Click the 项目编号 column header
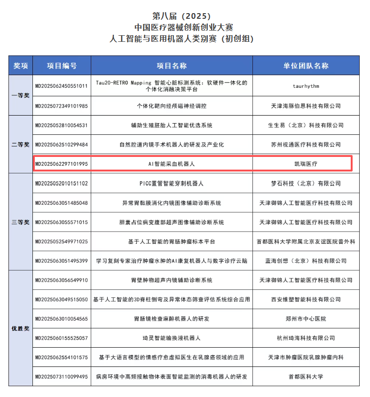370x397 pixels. tap(62, 66)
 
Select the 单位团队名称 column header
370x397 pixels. tap(306, 66)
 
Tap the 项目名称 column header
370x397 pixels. tap(172, 66)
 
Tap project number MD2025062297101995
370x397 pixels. tap(62, 164)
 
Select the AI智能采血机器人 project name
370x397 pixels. tap(172, 164)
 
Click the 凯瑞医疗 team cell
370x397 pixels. tap(306, 164)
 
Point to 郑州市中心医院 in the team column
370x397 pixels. tap(306, 319)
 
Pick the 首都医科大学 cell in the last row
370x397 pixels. tap(306, 376)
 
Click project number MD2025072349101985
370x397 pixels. tap(62, 106)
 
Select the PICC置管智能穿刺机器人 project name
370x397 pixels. tap(172, 183)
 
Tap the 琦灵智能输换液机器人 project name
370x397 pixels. tap(172, 338)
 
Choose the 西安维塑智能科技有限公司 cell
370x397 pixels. tap(306, 299)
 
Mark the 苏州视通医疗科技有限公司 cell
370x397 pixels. tap(306, 145)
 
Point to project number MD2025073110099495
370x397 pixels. tap(62, 376)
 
